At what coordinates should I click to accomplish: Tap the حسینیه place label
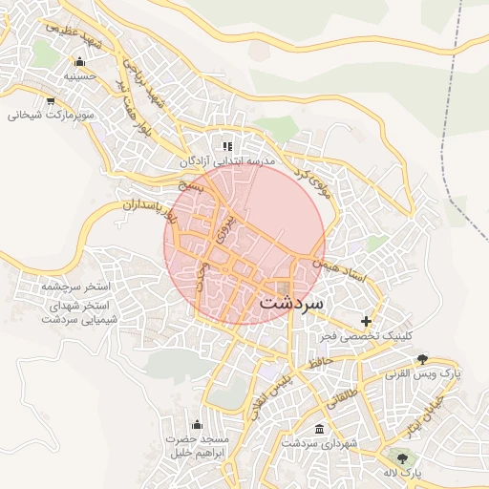tap(80, 75)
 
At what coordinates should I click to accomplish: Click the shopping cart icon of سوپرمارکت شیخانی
tap(50, 100)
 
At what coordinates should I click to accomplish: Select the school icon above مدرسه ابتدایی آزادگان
tap(227, 146)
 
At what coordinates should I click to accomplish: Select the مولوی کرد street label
tap(311, 175)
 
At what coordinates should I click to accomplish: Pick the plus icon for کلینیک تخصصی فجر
tap(365, 321)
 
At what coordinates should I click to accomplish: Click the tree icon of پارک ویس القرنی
tap(422, 359)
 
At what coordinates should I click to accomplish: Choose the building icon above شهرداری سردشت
tap(318, 428)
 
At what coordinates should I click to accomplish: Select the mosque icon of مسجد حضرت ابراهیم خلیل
tap(197, 424)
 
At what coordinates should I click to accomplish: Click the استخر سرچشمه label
tap(76, 287)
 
